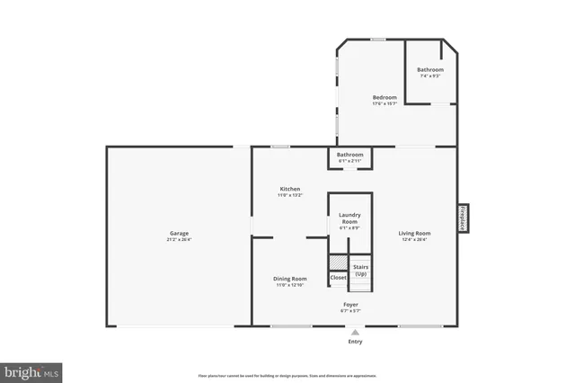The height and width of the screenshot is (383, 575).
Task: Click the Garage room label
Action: point(179,234)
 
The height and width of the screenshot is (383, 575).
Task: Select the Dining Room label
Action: point(290,279)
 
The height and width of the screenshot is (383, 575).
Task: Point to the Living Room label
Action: point(415,234)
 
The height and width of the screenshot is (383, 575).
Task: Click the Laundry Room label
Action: point(349,218)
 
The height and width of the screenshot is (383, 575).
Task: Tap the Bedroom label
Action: point(385,97)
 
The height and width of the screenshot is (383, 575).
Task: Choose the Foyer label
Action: point(350,306)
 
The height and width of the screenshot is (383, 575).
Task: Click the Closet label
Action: point(338,278)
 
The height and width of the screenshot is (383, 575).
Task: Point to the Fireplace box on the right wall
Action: point(463,218)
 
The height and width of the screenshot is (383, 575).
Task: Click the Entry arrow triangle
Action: point(355,332)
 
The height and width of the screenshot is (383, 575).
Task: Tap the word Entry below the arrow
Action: point(355,342)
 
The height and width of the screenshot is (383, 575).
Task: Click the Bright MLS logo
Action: point(31,370)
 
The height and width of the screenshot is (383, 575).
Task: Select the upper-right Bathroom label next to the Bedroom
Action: point(430,70)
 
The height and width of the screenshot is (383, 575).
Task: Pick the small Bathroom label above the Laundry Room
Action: point(349,155)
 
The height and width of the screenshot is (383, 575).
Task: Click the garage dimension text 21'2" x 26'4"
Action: point(180,240)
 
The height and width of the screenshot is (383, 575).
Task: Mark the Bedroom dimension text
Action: point(385,103)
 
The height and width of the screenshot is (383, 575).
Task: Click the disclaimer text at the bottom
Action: point(287,376)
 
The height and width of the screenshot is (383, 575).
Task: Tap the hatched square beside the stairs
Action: point(336,262)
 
